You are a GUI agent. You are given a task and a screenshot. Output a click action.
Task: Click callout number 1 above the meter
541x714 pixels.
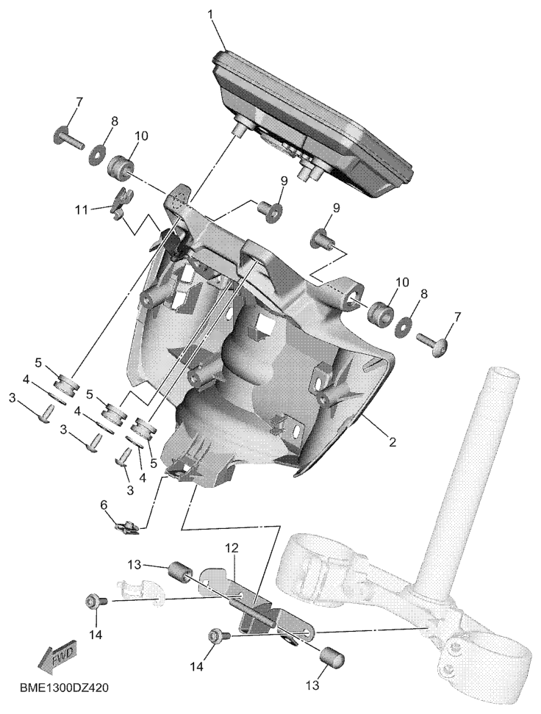pos(210,15)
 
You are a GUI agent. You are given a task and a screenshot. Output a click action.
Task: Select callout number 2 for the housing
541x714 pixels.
pos(392,441)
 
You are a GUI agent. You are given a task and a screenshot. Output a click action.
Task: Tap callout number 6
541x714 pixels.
pos(104,505)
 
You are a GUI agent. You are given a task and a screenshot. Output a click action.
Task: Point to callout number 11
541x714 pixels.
pos(81,210)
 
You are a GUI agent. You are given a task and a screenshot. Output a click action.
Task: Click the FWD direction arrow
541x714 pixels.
pos(58,656)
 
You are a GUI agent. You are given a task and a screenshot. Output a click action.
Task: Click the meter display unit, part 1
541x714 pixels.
pos(313,125)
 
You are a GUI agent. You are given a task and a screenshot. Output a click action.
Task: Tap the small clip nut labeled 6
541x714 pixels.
pos(126,529)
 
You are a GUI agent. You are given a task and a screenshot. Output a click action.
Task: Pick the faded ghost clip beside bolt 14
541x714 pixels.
pos(139,591)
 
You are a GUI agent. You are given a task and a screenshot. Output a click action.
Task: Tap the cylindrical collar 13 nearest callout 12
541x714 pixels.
pos(179,572)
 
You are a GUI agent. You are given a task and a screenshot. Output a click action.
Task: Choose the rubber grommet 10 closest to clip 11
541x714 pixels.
pos(121,166)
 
